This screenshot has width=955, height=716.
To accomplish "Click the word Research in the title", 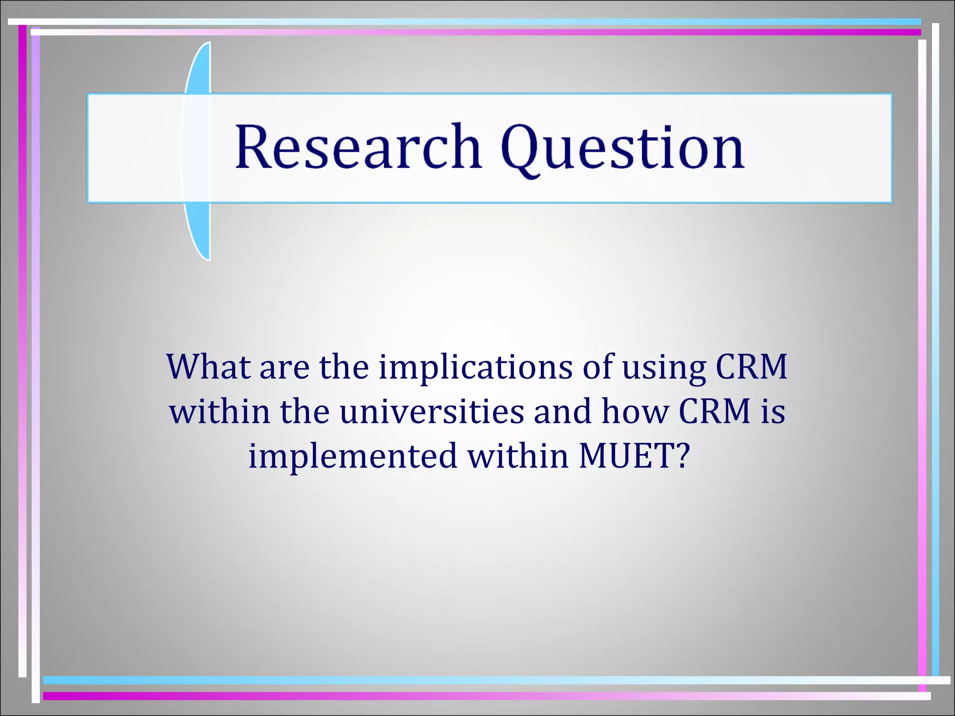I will click(358, 147).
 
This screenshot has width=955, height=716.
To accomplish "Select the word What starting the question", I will click(208, 367).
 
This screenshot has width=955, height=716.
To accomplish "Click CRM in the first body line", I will click(751, 367).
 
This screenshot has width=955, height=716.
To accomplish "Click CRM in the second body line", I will click(714, 411).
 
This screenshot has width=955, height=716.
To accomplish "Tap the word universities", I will click(432, 411).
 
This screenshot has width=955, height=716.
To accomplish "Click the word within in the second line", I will click(220, 411).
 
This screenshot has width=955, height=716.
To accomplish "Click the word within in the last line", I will click(518, 455).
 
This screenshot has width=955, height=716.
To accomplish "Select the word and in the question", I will click(562, 411).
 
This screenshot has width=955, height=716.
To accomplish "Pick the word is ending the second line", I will click(773, 411).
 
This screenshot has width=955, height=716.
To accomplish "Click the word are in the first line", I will click(284, 367).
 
